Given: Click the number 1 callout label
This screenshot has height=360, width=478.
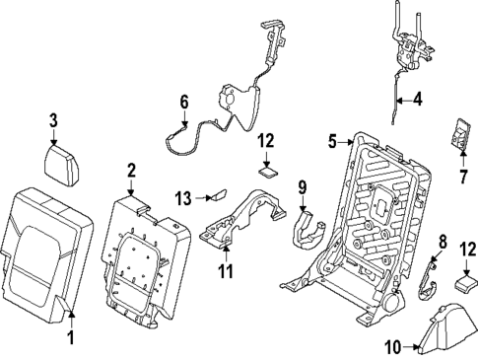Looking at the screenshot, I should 70,338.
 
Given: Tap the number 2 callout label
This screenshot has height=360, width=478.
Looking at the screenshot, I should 131,172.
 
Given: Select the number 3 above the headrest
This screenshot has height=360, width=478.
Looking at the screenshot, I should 55,121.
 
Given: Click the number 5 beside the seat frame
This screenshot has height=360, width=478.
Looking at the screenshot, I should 332,141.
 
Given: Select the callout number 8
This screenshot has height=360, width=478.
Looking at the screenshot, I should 442,240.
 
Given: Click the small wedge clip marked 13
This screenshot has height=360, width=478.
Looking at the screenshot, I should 217,195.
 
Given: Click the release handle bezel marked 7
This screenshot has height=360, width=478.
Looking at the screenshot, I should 458,134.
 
